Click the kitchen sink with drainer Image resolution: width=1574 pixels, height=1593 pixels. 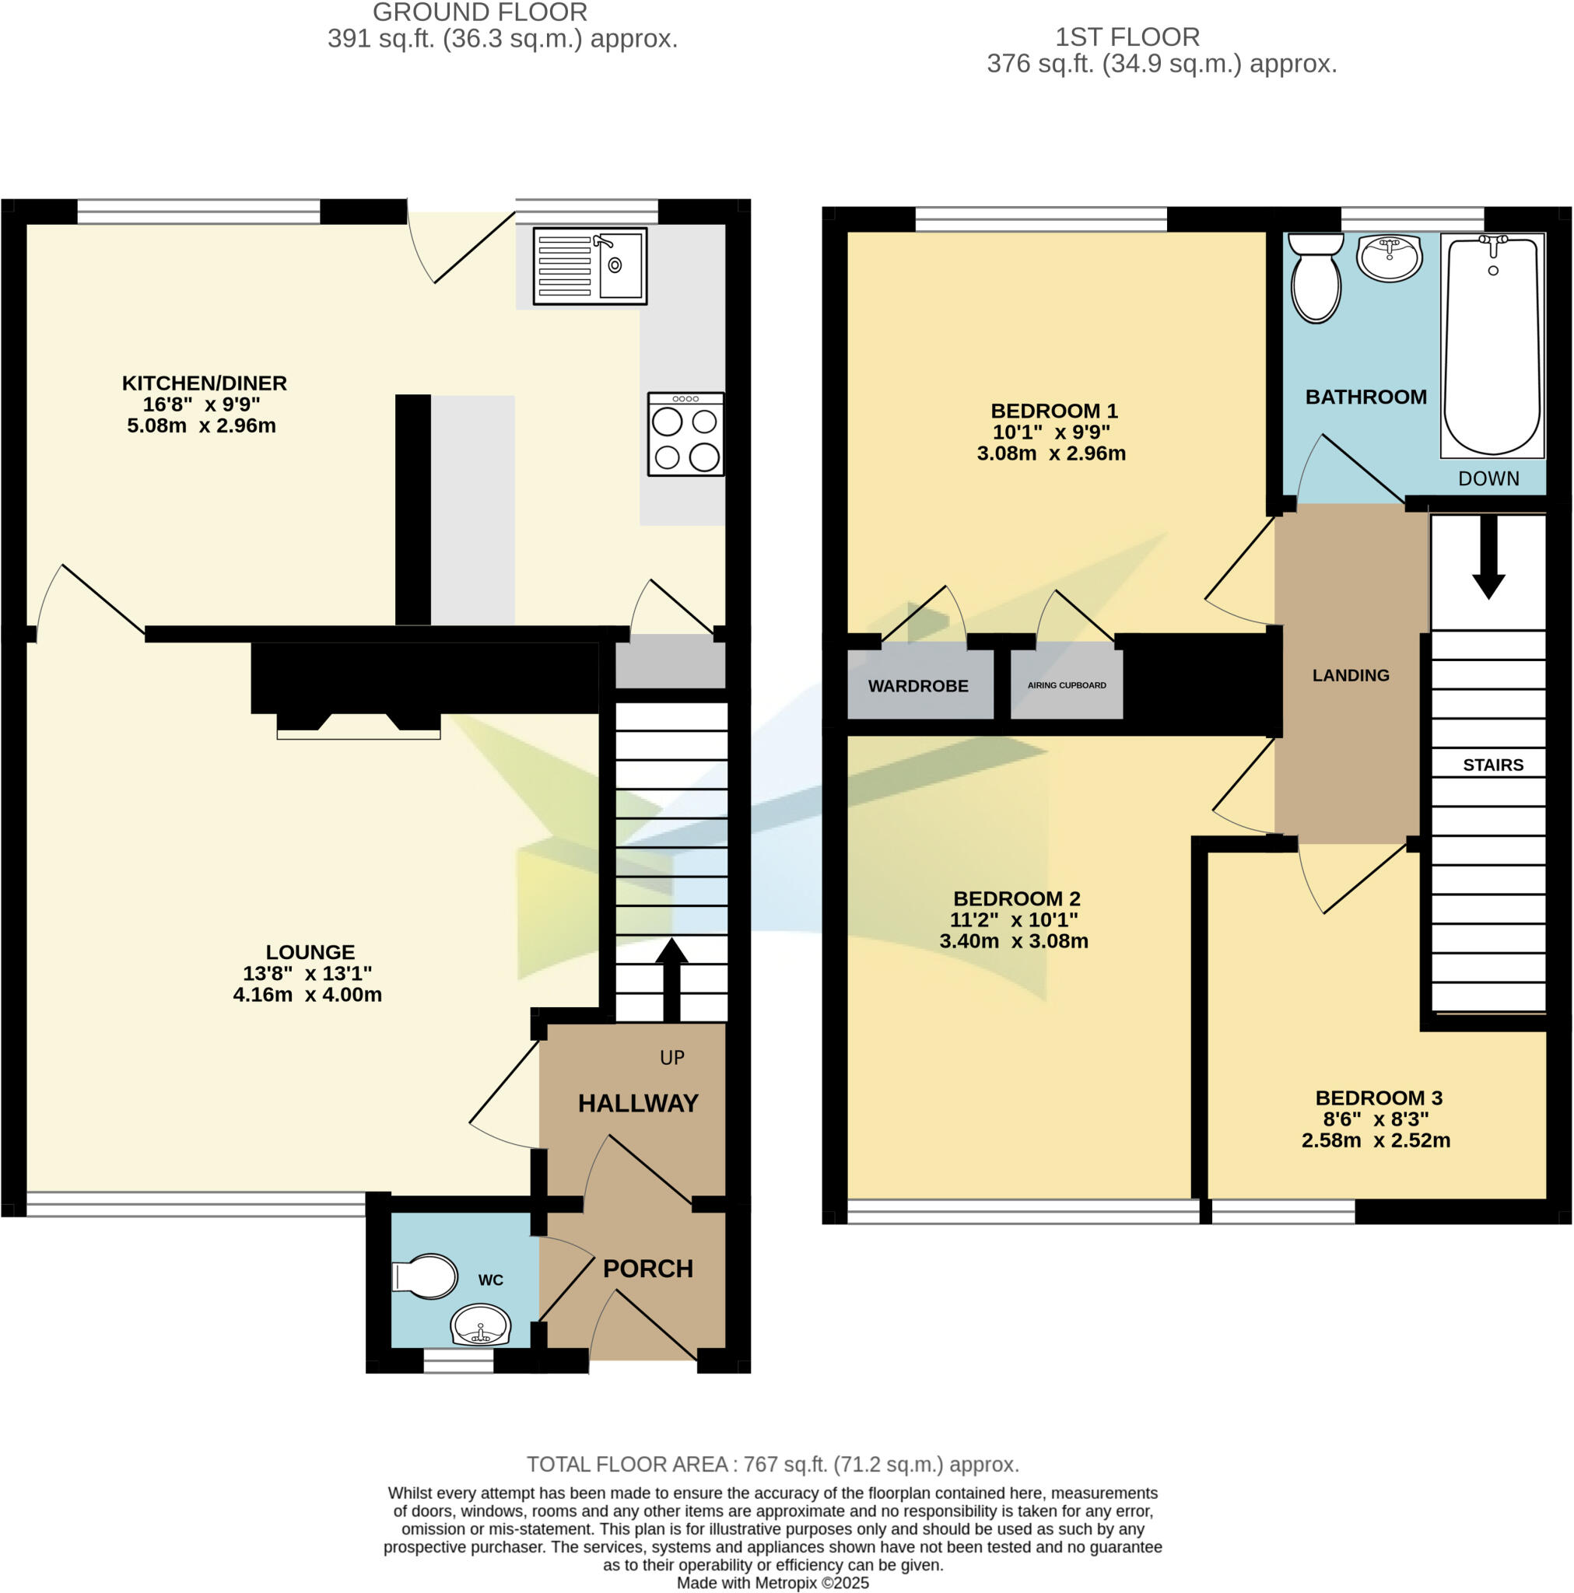pos(589,266)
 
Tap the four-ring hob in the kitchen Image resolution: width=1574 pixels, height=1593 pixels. pos(685,435)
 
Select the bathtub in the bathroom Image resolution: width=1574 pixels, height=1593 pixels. pos(1492,345)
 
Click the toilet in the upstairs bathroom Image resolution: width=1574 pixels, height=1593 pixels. pos(1316,278)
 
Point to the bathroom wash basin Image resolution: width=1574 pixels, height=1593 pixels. pos(1390,258)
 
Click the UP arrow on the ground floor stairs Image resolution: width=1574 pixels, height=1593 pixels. pos(671,978)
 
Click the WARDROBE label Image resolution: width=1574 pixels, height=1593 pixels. pos(918,686)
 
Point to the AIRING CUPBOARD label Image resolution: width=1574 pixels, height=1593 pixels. pos(1067,685)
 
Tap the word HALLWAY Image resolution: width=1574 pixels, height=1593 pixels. pos(638,1103)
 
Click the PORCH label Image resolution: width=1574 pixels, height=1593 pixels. pos(647,1268)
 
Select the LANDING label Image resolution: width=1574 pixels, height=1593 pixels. pos(1351,675)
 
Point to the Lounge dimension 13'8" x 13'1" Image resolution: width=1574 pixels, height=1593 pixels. pos(307,973)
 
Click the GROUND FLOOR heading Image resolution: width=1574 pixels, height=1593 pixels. pos(479,12)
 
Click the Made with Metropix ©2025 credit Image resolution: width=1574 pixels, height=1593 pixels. pos(773,1583)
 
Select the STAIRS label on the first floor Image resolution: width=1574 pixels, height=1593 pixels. pos(1492,765)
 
